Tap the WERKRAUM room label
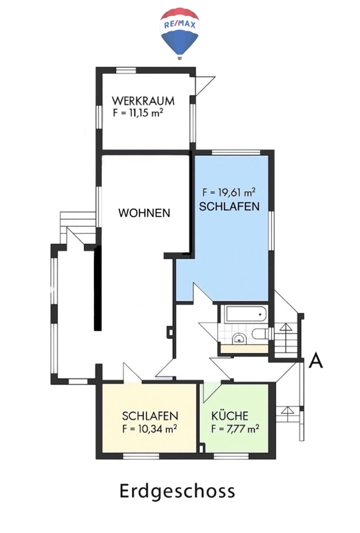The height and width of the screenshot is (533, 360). [143, 101]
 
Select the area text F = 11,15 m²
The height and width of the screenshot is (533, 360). [138, 113]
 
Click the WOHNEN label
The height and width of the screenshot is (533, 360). [144, 213]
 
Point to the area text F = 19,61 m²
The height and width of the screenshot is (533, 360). [229, 193]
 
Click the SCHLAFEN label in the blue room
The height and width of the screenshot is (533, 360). [229, 207]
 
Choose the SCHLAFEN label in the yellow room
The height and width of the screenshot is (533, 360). [150, 416]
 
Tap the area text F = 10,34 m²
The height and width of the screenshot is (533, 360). [149, 429]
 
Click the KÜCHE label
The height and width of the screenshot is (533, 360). [230, 416]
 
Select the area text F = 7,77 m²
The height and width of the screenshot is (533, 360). [235, 429]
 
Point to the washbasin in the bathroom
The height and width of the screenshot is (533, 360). [240, 338]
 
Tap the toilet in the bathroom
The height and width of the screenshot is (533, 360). [261, 334]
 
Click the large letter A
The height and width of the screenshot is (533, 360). [315, 360]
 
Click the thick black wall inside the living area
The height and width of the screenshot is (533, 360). [97, 288]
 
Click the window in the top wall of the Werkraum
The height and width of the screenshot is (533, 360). [126, 71]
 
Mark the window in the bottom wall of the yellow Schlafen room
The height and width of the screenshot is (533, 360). [141, 456]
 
